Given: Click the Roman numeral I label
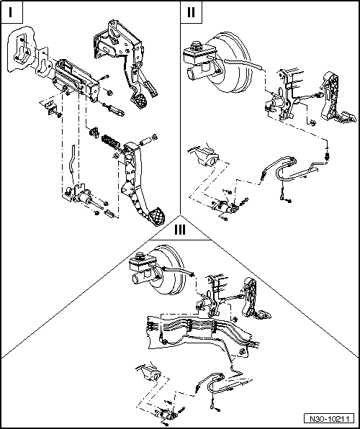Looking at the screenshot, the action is pos(10,12).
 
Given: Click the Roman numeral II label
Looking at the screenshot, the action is pos(191,12).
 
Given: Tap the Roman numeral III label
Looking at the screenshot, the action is pos(180,230).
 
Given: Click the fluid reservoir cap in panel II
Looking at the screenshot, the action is pos(196,45).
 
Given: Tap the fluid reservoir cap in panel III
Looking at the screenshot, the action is pos(140,256).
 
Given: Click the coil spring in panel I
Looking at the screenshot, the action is pos(111,141).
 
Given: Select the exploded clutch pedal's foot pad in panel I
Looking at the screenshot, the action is pos(156,217).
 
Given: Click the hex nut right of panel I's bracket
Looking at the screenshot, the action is pos(109,92).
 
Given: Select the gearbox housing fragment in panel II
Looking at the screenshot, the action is pos(204,156).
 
